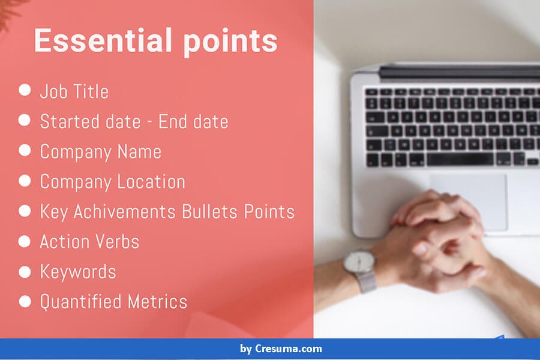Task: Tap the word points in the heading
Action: click(230, 43)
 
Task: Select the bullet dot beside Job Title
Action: click(25, 90)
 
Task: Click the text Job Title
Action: click(74, 92)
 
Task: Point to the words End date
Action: click(193, 122)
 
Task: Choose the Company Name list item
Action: click(101, 152)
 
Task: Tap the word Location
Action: click(151, 182)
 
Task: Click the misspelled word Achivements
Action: click(124, 212)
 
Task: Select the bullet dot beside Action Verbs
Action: click(25, 241)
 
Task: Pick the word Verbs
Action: click(116, 241)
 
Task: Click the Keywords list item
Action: click(78, 271)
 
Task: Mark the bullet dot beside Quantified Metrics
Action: click(25, 301)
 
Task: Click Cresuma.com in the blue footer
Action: click(288, 349)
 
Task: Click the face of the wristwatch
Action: click(359, 263)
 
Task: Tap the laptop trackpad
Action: click(469, 202)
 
